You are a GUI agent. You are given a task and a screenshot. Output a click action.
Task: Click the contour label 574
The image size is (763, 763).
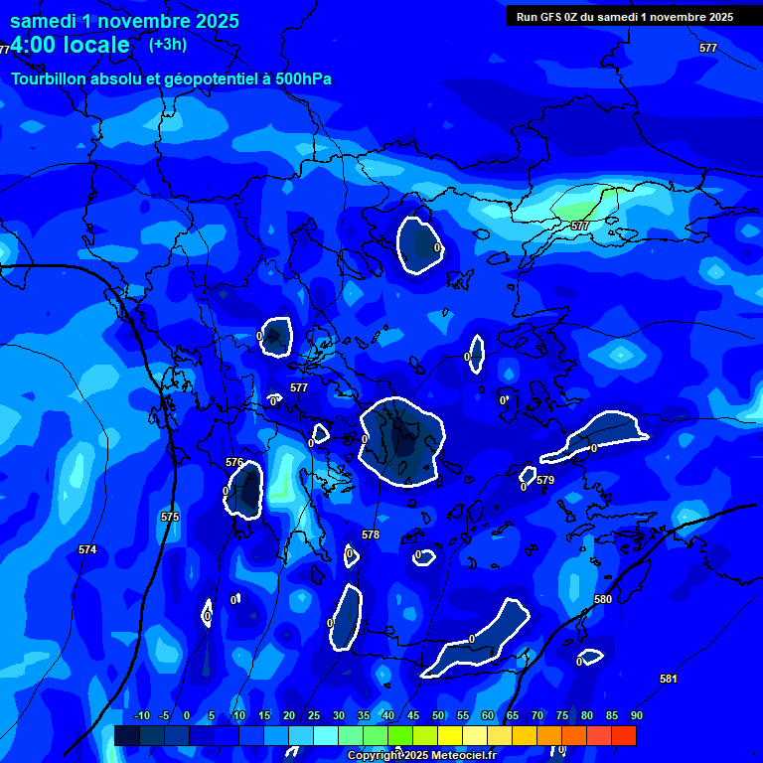click(87, 549)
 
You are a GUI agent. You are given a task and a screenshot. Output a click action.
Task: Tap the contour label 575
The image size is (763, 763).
click(170, 518)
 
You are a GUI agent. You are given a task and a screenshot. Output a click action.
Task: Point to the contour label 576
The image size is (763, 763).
click(234, 463)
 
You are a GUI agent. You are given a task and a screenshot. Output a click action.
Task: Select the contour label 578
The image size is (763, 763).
click(371, 534)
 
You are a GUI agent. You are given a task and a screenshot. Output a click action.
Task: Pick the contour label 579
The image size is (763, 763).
click(545, 481)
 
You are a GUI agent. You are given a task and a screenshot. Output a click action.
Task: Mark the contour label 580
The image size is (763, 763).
click(603, 599)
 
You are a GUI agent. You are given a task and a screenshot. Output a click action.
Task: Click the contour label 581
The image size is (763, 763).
click(669, 679)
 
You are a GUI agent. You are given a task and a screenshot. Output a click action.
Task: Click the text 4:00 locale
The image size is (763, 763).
click(70, 46)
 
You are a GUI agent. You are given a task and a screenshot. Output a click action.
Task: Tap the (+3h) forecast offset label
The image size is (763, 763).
click(167, 45)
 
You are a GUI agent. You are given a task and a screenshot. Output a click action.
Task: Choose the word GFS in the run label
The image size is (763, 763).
click(552, 17)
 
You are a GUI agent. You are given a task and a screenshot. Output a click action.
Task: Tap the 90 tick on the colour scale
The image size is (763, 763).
click(636, 715)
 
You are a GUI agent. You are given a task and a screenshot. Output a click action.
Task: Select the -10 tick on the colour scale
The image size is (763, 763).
click(140, 715)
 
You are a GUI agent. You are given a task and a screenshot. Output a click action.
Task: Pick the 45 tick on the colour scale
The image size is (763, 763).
click(412, 715)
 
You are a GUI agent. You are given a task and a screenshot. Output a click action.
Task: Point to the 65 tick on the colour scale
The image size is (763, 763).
click(512, 715)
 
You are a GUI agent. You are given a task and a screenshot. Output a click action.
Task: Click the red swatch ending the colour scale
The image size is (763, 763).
click(624, 735)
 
